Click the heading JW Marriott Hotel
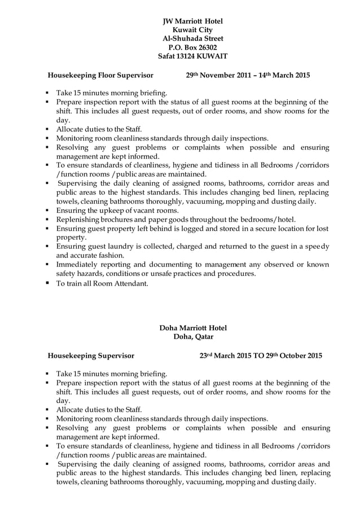(x=192, y=21)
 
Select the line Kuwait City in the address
(x=192, y=30)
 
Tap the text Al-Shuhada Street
(x=192, y=39)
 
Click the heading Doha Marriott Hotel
(x=193, y=328)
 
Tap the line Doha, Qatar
(x=193, y=337)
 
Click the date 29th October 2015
(x=295, y=356)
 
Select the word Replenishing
(x=78, y=220)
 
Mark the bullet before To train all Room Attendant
(x=48, y=284)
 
